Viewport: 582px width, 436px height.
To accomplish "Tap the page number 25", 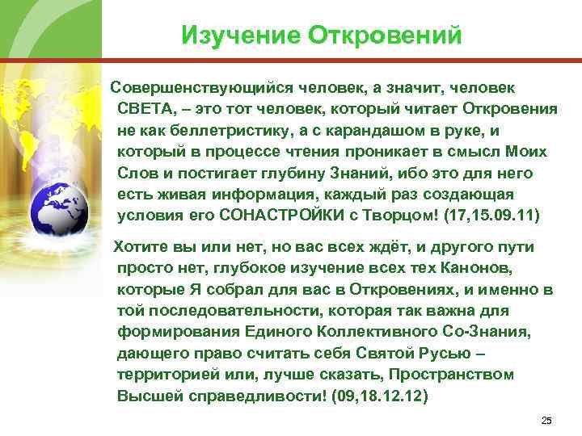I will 546,421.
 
